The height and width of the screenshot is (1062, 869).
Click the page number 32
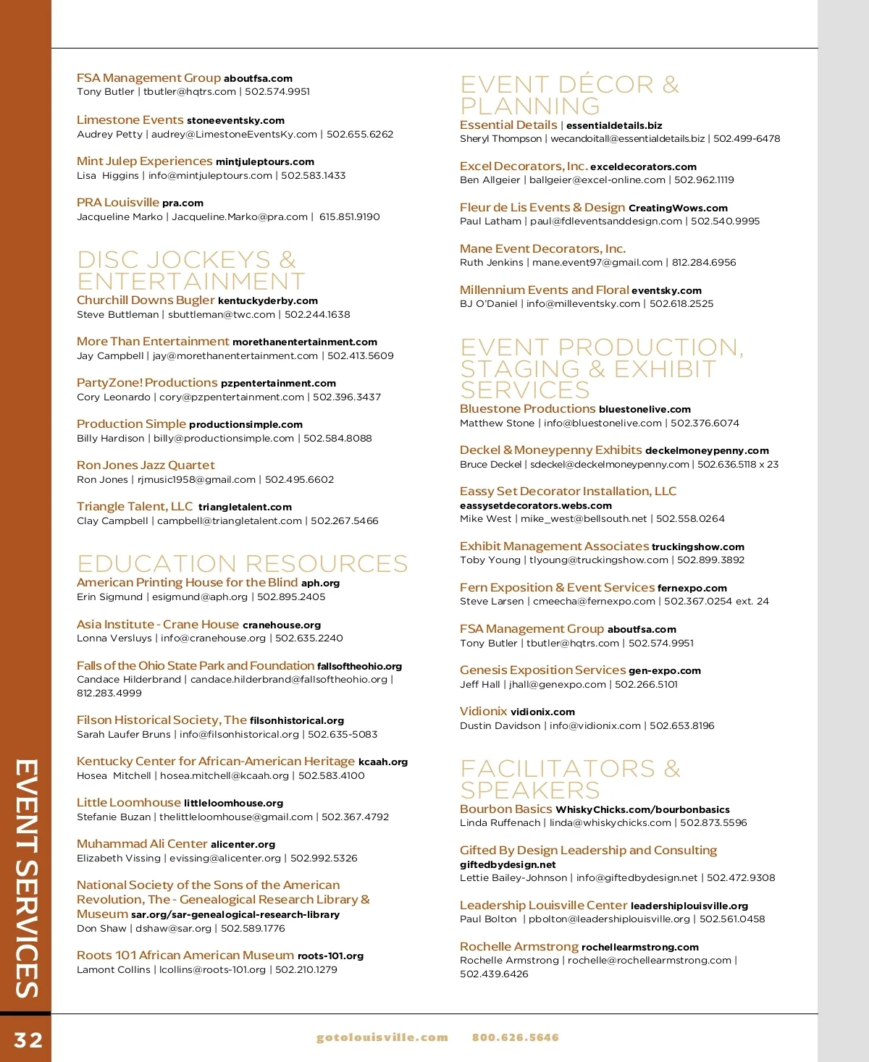coord(28,1040)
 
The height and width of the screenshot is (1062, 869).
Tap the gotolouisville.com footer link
coord(382,1037)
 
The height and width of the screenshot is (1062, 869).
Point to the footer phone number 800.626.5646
coord(515,1037)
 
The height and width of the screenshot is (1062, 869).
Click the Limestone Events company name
coord(130,120)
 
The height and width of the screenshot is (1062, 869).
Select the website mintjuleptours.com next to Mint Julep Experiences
coord(264,162)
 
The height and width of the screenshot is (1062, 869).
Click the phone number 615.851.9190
coord(349,216)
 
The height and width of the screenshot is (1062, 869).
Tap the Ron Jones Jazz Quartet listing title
coord(146,465)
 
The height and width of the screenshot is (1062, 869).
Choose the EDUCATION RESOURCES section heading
coord(242,564)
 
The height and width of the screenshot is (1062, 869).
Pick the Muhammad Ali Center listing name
coord(142,844)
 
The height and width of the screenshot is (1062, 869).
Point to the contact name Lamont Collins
coord(113,970)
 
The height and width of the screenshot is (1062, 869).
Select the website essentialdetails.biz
coord(614,126)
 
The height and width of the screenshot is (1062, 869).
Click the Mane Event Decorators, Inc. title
coord(542,249)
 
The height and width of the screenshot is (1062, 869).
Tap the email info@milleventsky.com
coord(583,304)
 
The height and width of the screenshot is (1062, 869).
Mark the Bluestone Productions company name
coord(527,409)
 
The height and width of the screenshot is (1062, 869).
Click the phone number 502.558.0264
coord(690,519)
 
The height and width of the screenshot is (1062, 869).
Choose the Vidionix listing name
coord(483,712)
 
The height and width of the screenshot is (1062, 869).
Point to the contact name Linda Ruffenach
coord(500,823)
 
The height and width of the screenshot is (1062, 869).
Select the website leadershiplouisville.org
coord(689,906)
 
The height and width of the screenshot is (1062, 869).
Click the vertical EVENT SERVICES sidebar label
coord(26,877)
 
